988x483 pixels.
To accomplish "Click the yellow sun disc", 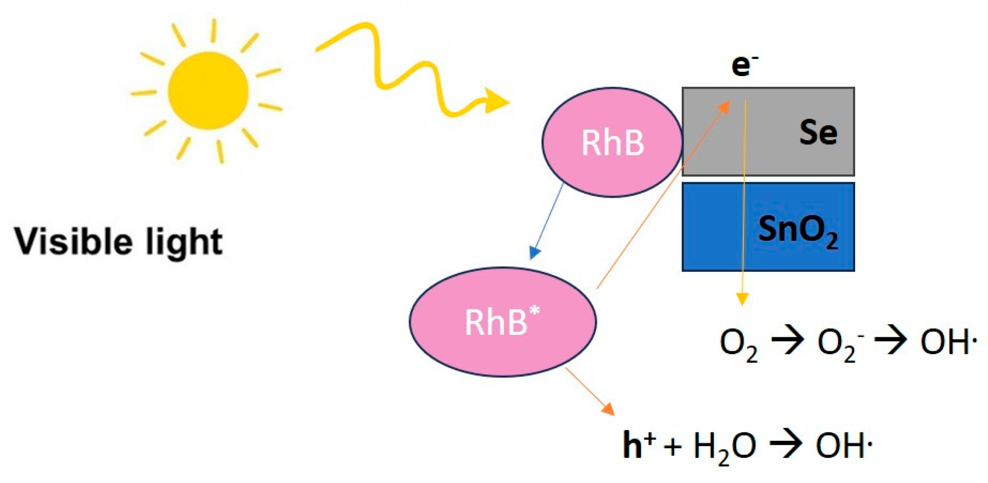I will (208, 90).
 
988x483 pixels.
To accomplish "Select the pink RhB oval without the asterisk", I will (612, 142).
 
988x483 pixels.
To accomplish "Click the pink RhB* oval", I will (503, 322).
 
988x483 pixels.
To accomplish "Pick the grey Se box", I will (790, 131).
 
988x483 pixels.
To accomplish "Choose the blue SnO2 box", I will (768, 227).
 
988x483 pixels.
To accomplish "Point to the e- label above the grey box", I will (744, 65).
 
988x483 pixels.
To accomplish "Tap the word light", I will (184, 242).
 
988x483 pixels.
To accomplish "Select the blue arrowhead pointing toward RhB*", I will (535, 252).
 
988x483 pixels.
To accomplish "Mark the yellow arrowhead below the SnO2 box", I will (742, 298).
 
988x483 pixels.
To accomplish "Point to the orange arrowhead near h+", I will (608, 409).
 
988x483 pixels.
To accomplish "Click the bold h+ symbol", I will (638, 444).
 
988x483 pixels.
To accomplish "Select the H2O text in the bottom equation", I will (724, 446).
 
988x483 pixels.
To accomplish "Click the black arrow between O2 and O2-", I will (787, 342).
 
